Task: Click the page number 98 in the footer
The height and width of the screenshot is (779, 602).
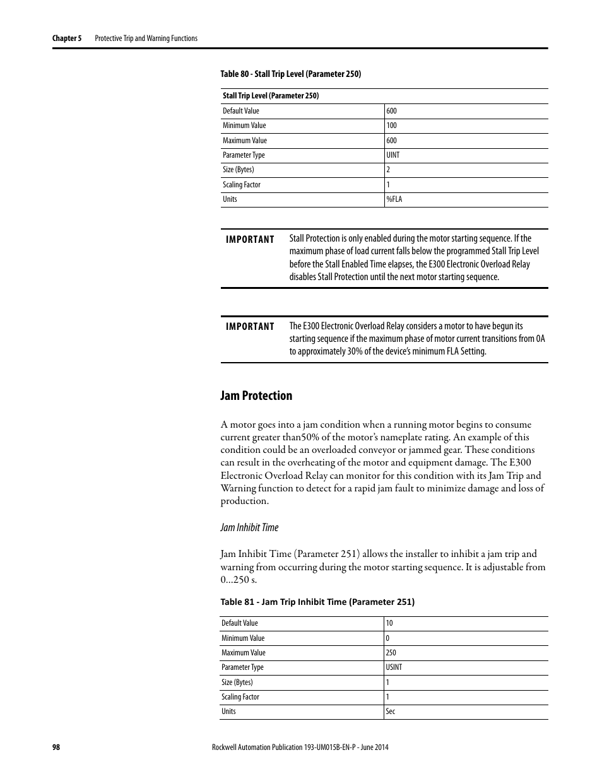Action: [56, 747]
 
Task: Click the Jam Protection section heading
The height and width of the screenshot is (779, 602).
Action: [256, 395]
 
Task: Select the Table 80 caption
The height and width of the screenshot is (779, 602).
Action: [290, 74]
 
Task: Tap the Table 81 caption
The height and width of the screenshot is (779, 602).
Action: [317, 602]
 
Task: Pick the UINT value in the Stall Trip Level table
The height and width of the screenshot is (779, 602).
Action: [392, 155]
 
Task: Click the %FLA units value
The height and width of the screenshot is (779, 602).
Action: [394, 199]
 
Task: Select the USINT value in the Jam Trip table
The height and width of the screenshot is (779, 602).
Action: [394, 667]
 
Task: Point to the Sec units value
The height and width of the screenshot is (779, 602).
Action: [391, 712]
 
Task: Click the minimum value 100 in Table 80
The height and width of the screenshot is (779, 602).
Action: [391, 126]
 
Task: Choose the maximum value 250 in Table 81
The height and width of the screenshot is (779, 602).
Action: [391, 653]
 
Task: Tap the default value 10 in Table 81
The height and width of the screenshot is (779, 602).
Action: [389, 623]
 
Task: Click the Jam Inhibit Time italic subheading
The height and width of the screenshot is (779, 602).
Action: [249, 527]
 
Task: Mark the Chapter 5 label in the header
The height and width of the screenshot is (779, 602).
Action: [67, 38]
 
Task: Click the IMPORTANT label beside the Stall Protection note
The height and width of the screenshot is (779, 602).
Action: [250, 240]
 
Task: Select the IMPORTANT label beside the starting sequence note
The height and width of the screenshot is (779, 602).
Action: [250, 327]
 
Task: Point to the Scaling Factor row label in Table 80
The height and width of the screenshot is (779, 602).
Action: [241, 185]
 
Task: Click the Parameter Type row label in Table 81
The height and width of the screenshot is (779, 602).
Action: [242, 667]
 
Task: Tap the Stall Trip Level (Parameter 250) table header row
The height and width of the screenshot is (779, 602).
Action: [271, 96]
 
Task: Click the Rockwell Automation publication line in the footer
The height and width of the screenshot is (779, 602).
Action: [298, 747]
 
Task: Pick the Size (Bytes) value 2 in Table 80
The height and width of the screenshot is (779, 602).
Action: [388, 170]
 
